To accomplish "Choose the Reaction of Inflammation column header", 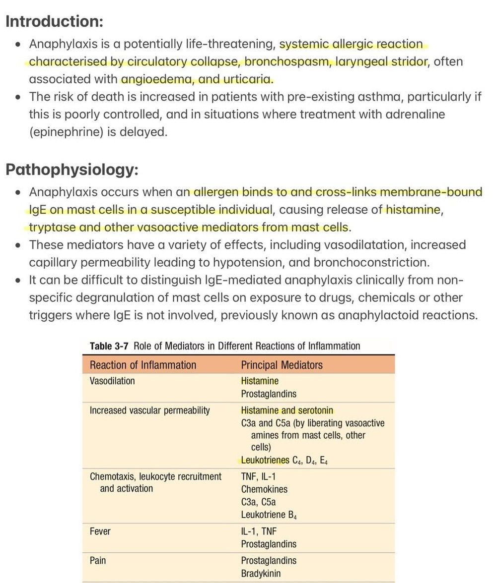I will pos(143,365).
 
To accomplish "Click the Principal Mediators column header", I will pos(282,365).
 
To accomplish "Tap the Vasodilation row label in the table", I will pos(112,381).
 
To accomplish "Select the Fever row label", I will pos(100,531).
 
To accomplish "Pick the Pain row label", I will pos(98,561).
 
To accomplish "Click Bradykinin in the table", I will pos(261,574).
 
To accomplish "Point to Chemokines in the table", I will pos(264,489).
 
